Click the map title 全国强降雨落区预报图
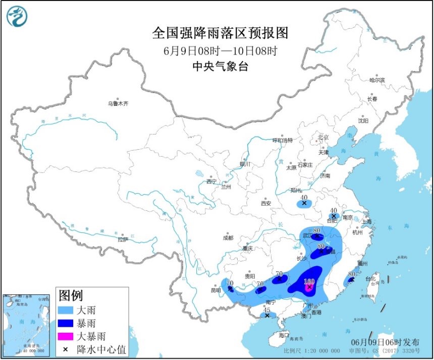[x=220, y=33]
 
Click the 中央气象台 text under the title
[x=220, y=67]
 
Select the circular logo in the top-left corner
[x=17, y=16]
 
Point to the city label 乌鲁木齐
[x=118, y=103]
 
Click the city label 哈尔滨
[x=376, y=80]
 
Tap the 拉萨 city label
[x=123, y=239]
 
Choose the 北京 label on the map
[x=323, y=137]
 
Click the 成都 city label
[x=228, y=237]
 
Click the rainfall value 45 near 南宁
[x=268, y=310]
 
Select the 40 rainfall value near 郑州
[x=304, y=198]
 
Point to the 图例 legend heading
[x=70, y=295]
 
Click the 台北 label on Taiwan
[x=370, y=278]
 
